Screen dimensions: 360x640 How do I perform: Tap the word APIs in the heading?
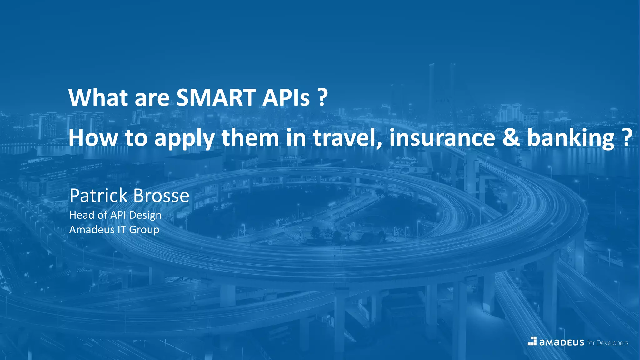(286, 97)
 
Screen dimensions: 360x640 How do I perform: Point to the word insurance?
(442, 138)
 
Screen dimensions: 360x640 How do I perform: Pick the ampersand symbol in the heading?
(511, 138)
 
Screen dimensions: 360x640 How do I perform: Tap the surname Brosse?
(161, 196)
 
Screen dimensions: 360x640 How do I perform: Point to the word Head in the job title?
(82, 215)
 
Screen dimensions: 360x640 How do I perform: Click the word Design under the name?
(145, 216)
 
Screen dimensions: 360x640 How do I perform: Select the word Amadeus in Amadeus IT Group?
(92, 230)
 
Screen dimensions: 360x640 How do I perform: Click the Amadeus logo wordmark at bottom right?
(562, 342)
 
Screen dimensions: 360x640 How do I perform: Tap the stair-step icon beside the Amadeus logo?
(532, 341)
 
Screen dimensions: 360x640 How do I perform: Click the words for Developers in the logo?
(607, 343)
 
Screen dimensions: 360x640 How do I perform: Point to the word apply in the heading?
(184, 138)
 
